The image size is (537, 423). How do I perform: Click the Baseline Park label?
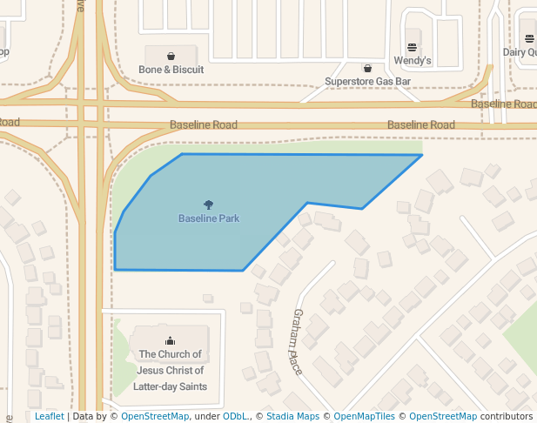(209, 218)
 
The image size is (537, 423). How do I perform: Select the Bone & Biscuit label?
(171, 70)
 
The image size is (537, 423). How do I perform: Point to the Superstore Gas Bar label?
(367, 82)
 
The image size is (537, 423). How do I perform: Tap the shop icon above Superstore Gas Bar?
(367, 68)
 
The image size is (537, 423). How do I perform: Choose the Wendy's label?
(413, 61)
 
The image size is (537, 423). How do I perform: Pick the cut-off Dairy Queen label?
(520, 52)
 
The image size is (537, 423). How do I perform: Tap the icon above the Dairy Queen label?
(531, 37)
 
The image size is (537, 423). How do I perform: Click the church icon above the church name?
(170, 340)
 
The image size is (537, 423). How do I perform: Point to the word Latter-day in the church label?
(161, 386)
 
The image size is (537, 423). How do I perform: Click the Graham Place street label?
(298, 342)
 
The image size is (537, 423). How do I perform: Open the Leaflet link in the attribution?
(49, 417)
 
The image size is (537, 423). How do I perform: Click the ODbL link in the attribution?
(235, 417)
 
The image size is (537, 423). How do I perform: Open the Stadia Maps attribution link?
(292, 417)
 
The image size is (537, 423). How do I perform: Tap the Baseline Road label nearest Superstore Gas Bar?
(421, 125)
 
